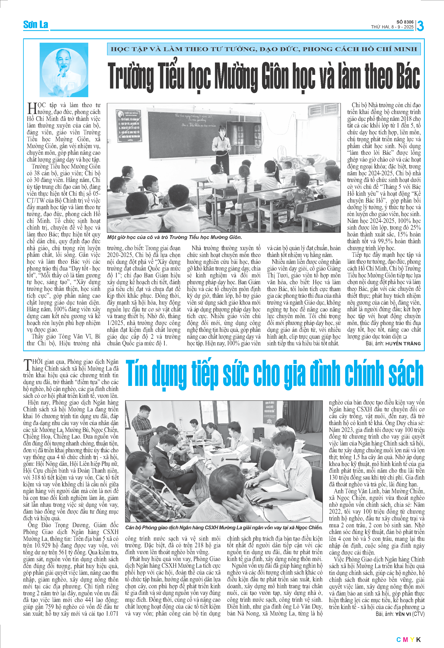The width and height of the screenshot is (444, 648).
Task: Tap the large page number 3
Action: (420, 26)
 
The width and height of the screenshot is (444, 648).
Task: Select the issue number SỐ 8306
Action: (405, 22)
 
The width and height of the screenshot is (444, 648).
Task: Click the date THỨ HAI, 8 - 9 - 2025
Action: (392, 27)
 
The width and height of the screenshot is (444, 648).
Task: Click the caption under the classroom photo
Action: (174, 237)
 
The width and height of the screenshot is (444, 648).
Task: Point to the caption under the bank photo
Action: (224, 528)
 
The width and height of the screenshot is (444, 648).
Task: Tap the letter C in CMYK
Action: (399, 639)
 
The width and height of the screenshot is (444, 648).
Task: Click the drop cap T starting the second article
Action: (28, 365)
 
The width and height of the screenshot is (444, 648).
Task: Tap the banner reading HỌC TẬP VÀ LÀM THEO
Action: (264, 49)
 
